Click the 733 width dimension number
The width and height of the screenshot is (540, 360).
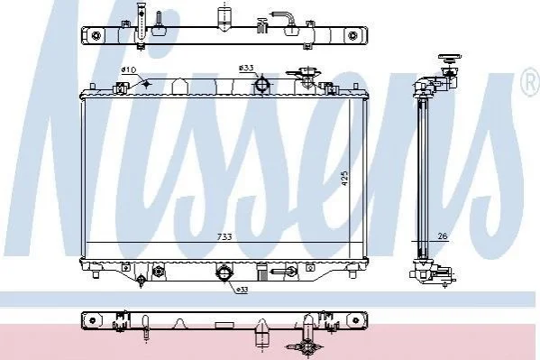coord(224,237)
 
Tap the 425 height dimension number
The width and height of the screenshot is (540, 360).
coord(344,179)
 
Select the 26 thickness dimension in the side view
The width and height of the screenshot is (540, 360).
coord(443,235)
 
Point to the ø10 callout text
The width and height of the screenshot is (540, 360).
coord(129,70)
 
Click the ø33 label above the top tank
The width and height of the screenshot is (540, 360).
coord(246,69)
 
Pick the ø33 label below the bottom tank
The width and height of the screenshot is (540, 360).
coord(243,291)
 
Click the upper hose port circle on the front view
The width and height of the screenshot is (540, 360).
coord(262,84)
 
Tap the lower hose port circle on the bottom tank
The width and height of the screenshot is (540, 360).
coord(224,272)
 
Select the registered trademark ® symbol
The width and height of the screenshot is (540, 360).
coord(531,82)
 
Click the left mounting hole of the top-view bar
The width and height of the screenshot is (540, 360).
coord(96,35)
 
